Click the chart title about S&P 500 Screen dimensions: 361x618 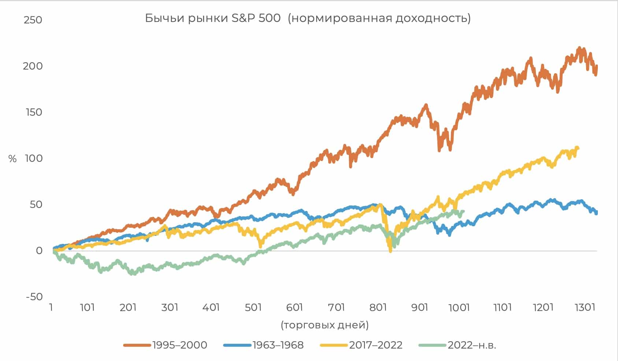tap(308, 18)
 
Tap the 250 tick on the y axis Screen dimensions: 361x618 tap(33, 20)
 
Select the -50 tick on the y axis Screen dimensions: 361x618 tap(34, 297)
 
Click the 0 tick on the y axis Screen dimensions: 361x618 tap(39, 251)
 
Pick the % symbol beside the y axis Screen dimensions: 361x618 tap(12, 159)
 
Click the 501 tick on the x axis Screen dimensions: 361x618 tap(253, 307)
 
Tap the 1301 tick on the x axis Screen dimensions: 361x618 tap(585, 307)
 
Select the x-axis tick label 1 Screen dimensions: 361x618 tap(51, 307)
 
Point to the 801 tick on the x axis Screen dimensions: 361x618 tap(378, 307)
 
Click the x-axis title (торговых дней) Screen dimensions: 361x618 tap(325, 325)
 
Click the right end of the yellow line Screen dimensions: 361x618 tap(578, 148)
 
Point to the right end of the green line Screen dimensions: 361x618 tap(463, 211)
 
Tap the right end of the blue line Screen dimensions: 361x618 tap(596, 213)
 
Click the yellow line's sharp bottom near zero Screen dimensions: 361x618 tap(390, 251)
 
